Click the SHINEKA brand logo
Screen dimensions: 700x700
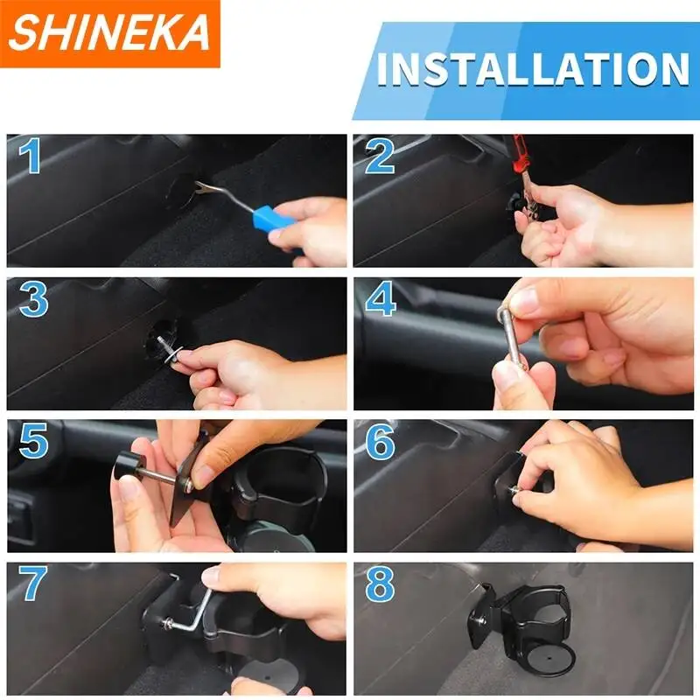point(110,33)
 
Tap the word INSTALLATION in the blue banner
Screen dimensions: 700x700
point(534,69)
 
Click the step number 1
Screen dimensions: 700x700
point(30,156)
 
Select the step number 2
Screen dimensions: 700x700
point(380,157)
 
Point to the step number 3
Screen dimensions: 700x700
point(33,299)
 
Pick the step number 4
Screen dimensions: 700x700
point(381,298)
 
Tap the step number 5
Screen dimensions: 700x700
point(33,441)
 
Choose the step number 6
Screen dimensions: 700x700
point(381,442)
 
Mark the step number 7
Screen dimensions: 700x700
point(32,583)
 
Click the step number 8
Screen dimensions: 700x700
point(381,584)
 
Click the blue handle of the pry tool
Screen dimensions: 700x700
point(272,218)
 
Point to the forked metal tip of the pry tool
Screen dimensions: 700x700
point(206,187)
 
